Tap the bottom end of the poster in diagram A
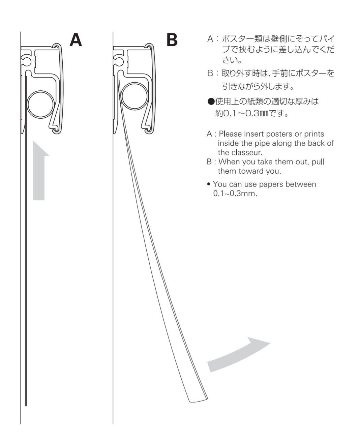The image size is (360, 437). pos(26,404)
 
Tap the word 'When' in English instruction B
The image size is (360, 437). pos(228,162)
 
